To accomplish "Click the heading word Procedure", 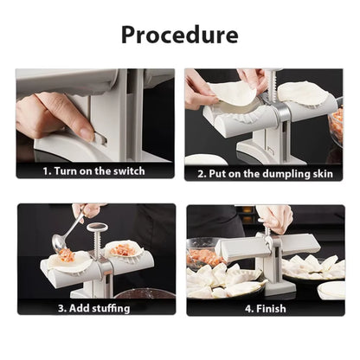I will point(179,35).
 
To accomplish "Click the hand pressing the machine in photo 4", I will point(274,217).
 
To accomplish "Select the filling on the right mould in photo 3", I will point(125,251).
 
